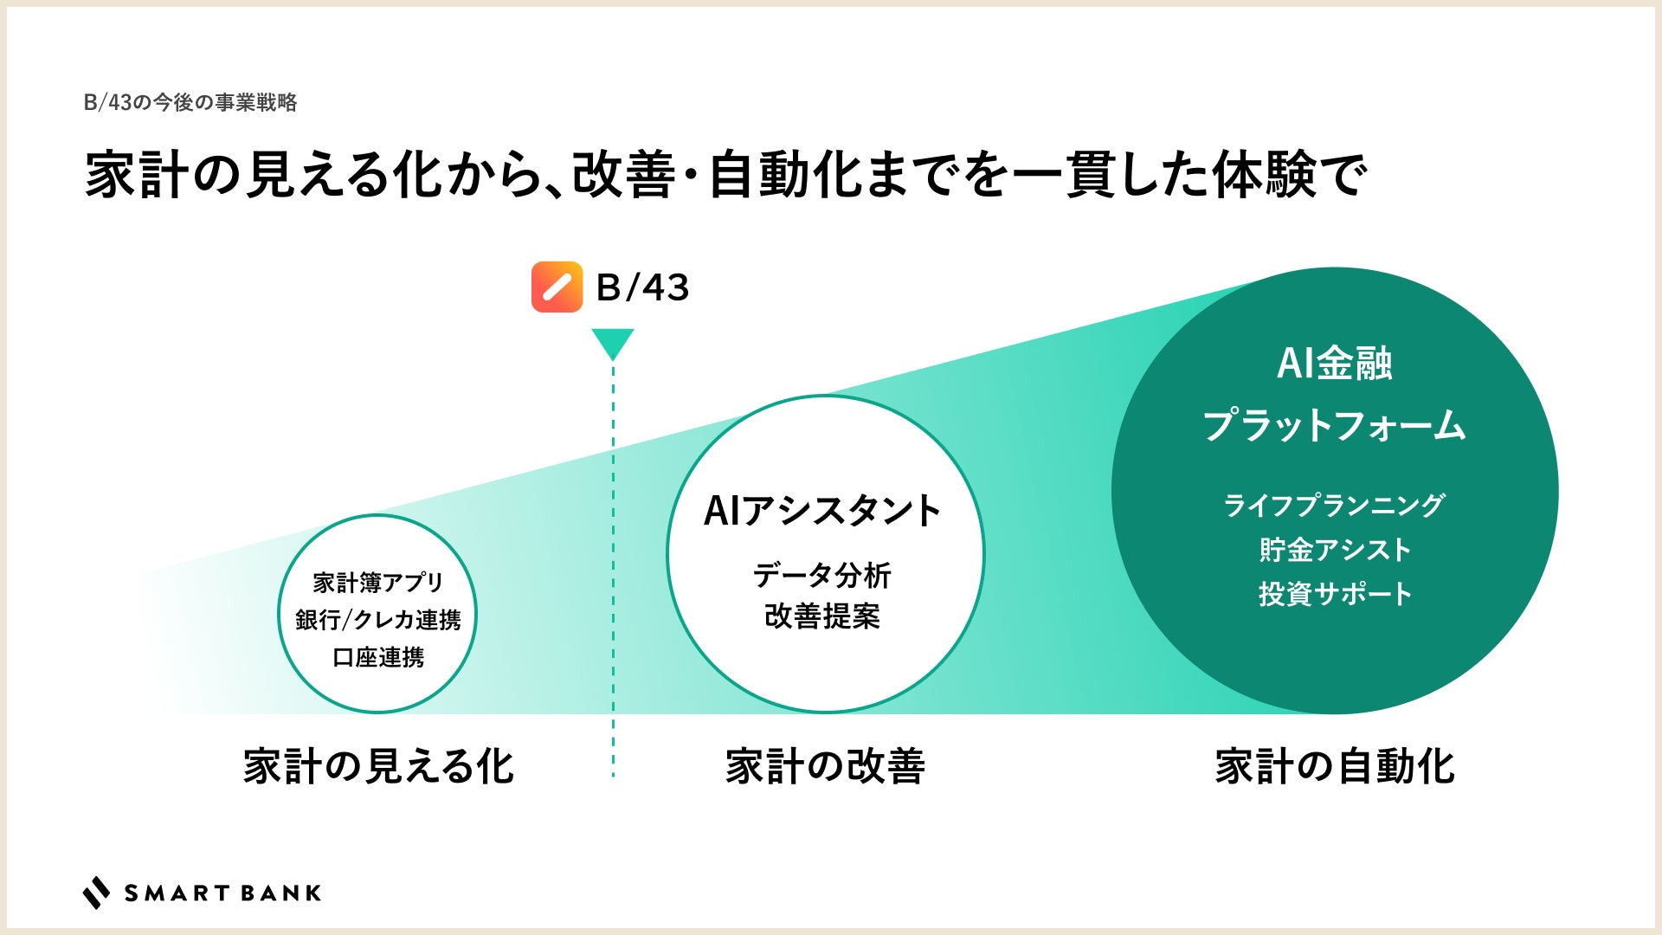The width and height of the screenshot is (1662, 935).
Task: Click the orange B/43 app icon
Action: (x=557, y=287)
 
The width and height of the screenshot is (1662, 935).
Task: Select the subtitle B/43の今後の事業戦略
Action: (x=190, y=103)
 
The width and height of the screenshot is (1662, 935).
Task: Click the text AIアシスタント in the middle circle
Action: (x=822, y=511)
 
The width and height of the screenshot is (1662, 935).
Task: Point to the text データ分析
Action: (x=822, y=575)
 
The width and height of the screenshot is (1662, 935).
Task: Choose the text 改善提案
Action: (x=822, y=616)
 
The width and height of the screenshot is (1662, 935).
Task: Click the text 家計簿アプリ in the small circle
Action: (x=377, y=583)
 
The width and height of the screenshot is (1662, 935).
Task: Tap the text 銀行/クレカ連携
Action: (x=377, y=620)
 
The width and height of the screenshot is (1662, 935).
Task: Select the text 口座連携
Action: (x=377, y=657)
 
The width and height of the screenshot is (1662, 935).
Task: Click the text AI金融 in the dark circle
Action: (x=1334, y=363)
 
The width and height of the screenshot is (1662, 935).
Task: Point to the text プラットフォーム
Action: (x=1334, y=426)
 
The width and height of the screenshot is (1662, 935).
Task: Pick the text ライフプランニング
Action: (x=1334, y=505)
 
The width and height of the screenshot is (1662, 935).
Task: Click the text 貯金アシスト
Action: (x=1334, y=550)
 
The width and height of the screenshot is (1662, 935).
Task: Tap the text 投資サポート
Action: (x=1334, y=594)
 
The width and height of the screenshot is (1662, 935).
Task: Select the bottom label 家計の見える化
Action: (x=378, y=767)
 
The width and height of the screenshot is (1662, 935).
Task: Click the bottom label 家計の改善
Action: (x=825, y=767)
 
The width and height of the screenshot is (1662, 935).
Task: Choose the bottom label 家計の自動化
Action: (x=1334, y=767)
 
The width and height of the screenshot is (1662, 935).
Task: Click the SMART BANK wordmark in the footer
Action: (x=222, y=893)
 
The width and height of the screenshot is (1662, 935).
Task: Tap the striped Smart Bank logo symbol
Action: (x=96, y=893)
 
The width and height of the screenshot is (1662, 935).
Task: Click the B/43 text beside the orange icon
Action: (x=642, y=287)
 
